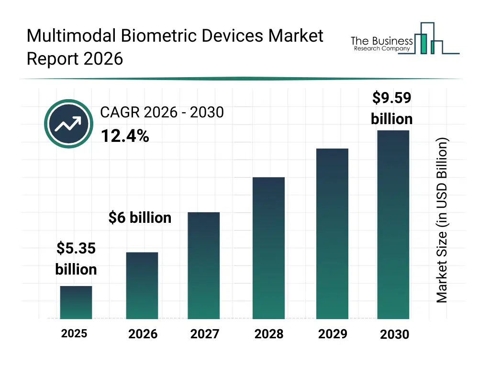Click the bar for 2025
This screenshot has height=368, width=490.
pyautogui.click(x=76, y=302)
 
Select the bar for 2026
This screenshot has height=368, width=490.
pyautogui.click(x=142, y=286)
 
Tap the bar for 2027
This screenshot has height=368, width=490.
pyautogui.click(x=204, y=265)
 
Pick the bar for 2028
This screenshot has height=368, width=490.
pyautogui.click(x=268, y=248)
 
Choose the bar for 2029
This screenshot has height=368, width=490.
pyautogui.click(x=333, y=233)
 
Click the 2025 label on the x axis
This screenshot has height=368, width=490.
pyautogui.click(x=74, y=333)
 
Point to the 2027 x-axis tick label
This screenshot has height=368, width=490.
pyautogui.click(x=205, y=334)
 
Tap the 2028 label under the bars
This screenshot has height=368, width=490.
pyautogui.click(x=268, y=334)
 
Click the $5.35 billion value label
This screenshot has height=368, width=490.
pyautogui.click(x=76, y=259)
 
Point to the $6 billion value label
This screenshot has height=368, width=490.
pyautogui.click(x=140, y=218)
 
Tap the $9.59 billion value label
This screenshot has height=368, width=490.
pyautogui.click(x=392, y=108)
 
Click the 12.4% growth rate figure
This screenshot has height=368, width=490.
pyautogui.click(x=124, y=137)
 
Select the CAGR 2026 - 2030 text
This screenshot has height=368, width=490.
pyautogui.click(x=162, y=112)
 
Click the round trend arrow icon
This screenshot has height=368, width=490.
pyautogui.click(x=68, y=124)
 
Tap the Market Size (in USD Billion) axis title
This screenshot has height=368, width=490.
pyautogui.click(x=442, y=220)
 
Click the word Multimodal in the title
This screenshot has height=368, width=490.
pyautogui.click(x=66, y=36)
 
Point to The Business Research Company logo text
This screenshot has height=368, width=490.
pyautogui.click(x=381, y=44)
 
